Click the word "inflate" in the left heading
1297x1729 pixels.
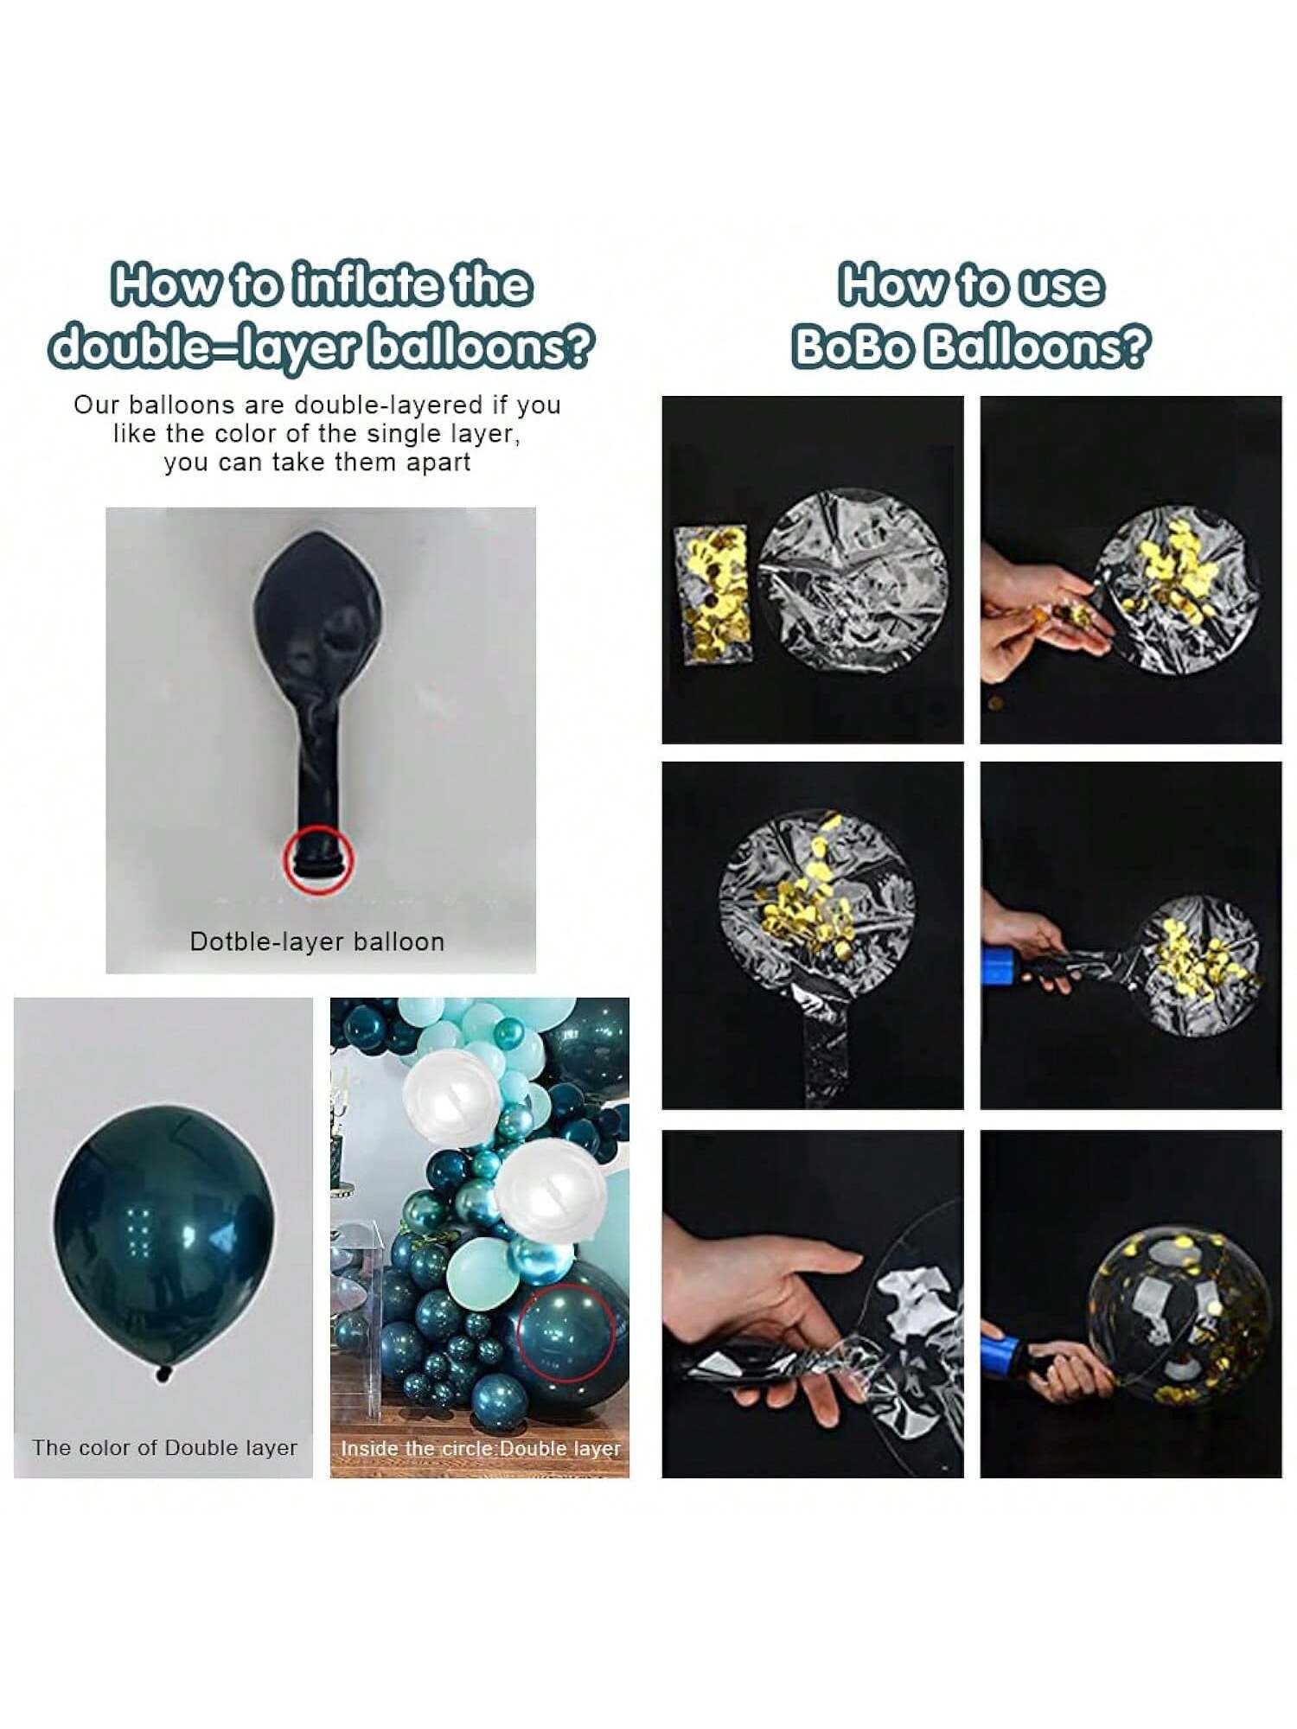[376, 285]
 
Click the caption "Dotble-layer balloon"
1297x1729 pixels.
[317, 941]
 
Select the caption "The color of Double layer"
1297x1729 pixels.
[164, 1447]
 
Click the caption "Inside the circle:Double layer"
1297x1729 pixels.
[481, 1448]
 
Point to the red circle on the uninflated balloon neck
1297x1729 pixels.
[319, 859]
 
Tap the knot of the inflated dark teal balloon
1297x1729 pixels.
[163, 1373]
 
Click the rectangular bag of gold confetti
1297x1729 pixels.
[711, 594]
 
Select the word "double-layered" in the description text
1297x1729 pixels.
[388, 405]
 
